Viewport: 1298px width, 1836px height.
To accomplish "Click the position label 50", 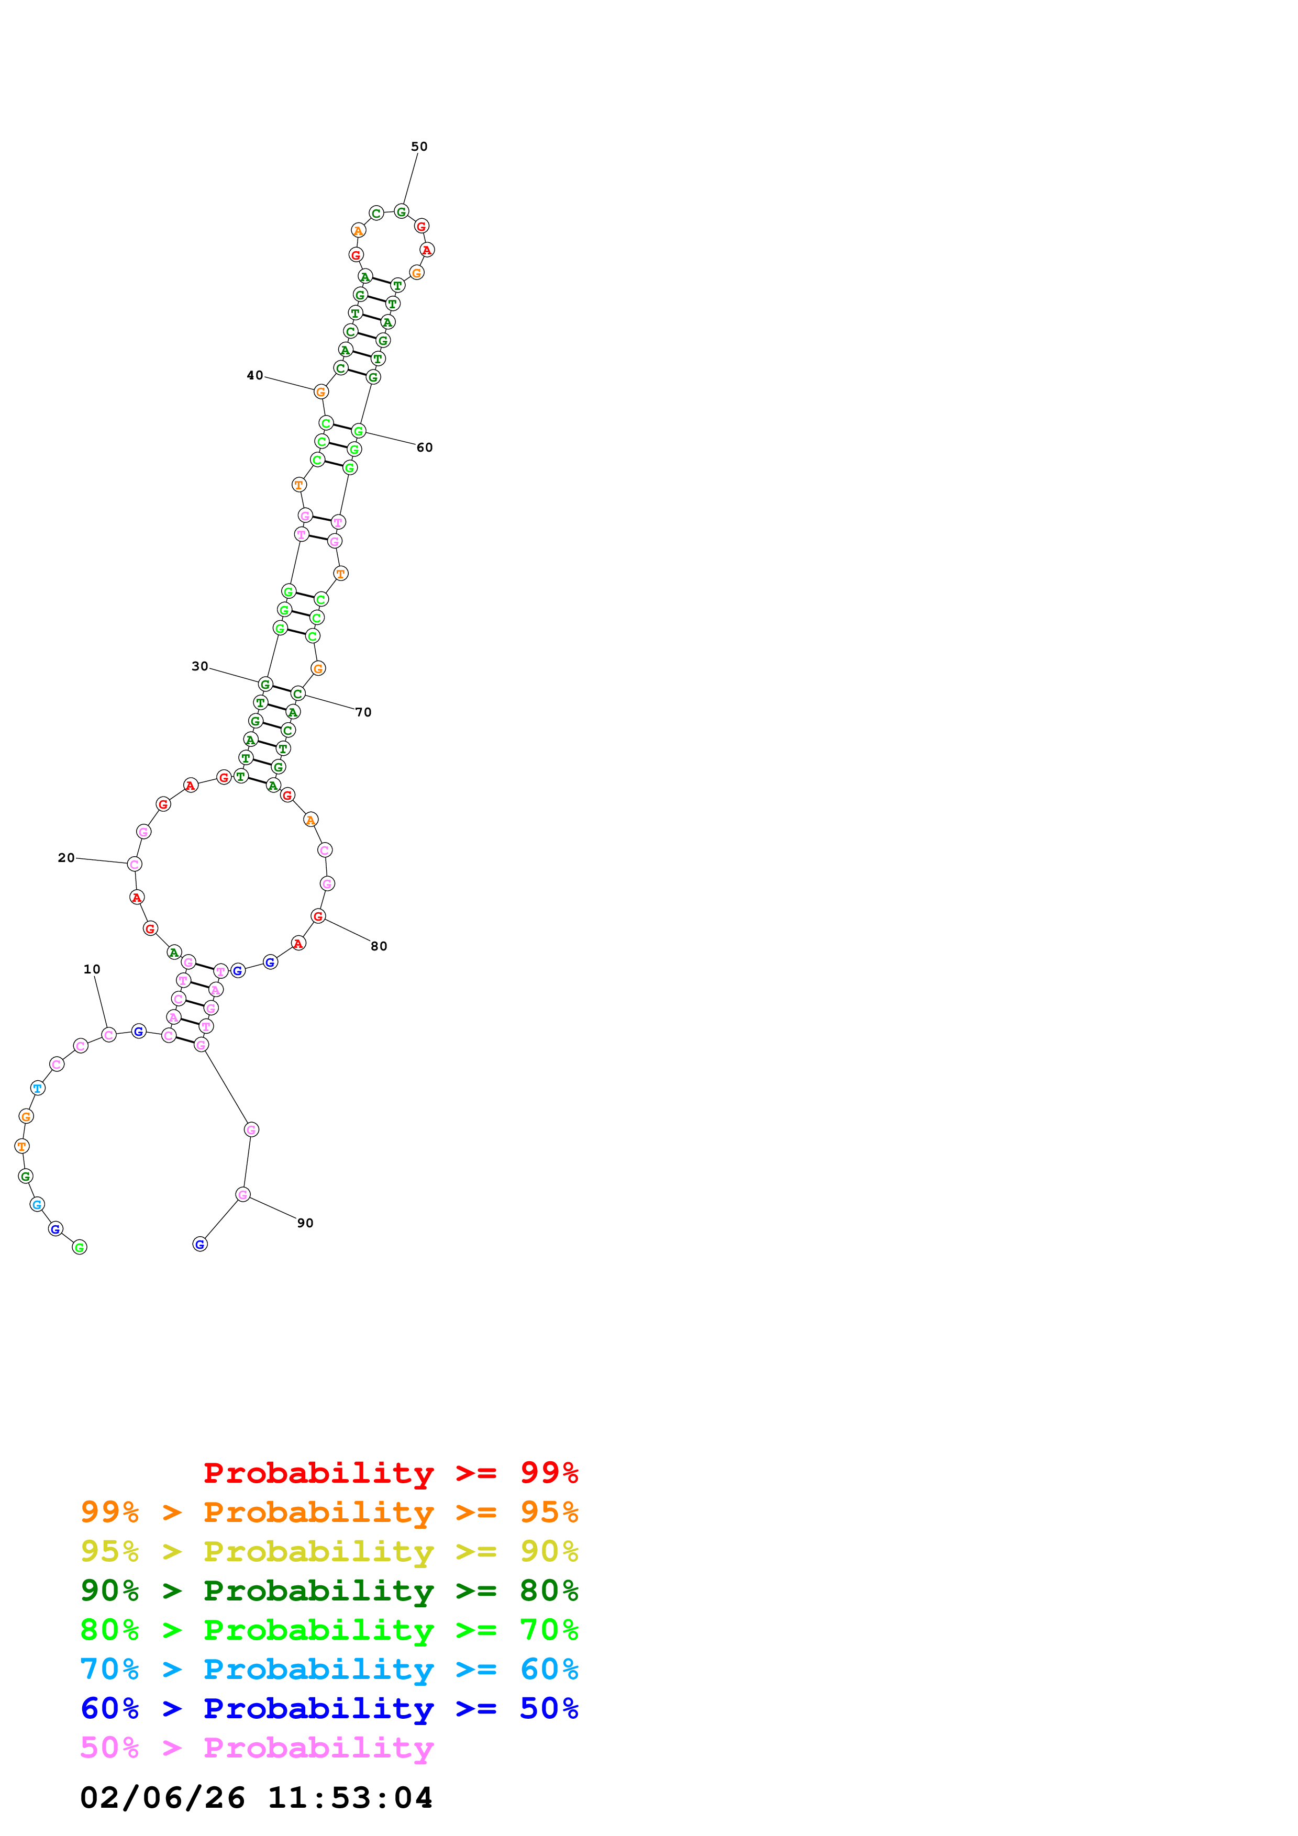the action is [419, 147].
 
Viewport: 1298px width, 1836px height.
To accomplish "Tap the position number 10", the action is [92, 969].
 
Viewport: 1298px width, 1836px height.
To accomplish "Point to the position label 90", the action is [305, 1223].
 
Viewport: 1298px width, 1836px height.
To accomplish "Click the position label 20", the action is [66, 857].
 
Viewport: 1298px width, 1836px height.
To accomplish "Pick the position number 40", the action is [254, 375].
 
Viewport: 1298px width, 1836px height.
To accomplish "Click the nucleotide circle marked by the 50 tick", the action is [402, 211].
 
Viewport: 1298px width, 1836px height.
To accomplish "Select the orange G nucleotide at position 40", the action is [320, 392].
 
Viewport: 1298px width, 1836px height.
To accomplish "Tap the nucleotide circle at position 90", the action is [243, 1195].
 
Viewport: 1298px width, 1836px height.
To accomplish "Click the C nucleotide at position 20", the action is [135, 864].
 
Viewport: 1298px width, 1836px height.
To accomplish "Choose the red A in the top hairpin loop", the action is [427, 250].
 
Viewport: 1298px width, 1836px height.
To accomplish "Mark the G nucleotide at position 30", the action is [265, 685].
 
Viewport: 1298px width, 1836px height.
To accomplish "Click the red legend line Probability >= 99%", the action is [390, 1472].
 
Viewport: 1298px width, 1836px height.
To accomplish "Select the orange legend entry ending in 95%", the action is [329, 1512].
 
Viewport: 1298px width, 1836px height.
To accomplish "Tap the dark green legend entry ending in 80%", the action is [329, 1591].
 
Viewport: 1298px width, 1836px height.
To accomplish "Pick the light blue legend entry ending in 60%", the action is [329, 1669].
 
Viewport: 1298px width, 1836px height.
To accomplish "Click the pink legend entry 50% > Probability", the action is [257, 1747].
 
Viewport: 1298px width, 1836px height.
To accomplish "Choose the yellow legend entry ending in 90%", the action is [329, 1551].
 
